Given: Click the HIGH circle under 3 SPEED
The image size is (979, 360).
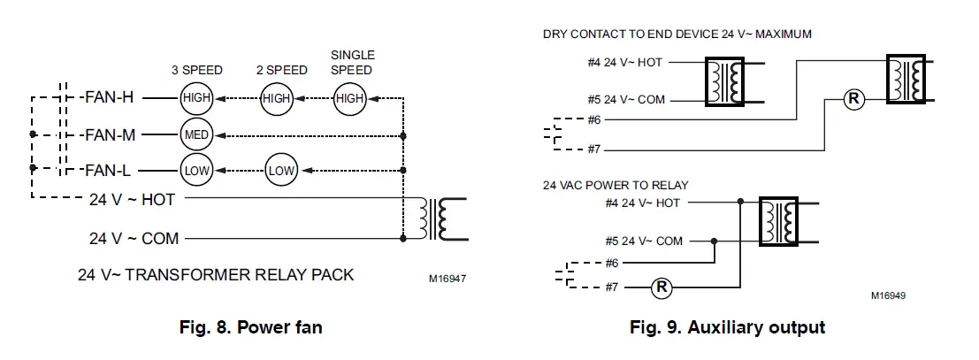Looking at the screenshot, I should point(195,99).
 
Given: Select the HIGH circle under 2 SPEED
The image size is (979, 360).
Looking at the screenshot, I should point(276,99).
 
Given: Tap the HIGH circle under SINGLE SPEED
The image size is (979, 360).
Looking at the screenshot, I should point(350,99).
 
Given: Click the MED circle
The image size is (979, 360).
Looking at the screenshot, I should point(195,135).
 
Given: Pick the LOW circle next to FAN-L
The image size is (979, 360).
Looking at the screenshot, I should point(195,169).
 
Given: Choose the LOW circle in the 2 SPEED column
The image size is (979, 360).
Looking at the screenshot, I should point(282,169).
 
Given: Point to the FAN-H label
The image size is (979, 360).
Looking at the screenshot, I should point(109,99).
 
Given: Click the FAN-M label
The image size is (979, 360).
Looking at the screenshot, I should point(110,135).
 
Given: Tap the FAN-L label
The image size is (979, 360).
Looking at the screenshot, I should point(109,169).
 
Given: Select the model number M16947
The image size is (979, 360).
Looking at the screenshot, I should point(447,278).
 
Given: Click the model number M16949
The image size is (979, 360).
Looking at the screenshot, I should point(887,295).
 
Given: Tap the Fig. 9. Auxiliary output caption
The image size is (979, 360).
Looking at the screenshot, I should point(727,328).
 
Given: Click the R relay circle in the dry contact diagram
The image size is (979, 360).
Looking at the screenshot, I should point(853,99).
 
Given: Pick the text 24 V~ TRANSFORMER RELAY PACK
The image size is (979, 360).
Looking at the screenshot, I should point(217,274).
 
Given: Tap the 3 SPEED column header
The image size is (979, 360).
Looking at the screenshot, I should point(196,70).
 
